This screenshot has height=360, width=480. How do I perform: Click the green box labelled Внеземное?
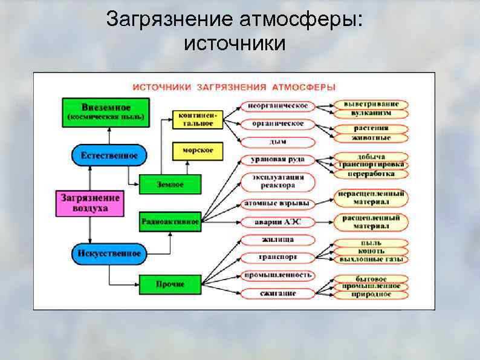point(106,112)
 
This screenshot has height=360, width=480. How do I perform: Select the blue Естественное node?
point(109,155)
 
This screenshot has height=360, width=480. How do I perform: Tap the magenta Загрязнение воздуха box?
point(90,203)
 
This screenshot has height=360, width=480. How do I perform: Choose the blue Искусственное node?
point(109,253)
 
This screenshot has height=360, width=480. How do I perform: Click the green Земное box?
point(170,184)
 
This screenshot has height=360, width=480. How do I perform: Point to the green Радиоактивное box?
point(170,222)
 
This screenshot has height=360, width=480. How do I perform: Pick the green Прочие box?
point(170,284)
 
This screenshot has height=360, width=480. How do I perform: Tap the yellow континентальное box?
point(198,119)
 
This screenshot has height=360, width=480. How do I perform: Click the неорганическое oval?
point(278,106)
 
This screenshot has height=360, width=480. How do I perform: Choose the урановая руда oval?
point(278,160)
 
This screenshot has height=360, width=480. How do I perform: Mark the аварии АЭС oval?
point(278,222)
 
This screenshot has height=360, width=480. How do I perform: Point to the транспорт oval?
point(278,257)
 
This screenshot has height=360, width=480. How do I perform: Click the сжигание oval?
point(278,294)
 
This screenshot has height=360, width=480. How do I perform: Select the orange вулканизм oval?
point(371,113)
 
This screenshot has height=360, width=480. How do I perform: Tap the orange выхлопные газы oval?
point(371,259)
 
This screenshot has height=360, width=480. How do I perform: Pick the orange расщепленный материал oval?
point(371,222)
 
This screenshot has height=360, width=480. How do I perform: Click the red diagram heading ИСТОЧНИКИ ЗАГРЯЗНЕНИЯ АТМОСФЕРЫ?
point(234,87)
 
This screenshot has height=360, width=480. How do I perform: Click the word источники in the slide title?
point(233,44)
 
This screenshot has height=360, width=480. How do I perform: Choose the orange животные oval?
point(371,137)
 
